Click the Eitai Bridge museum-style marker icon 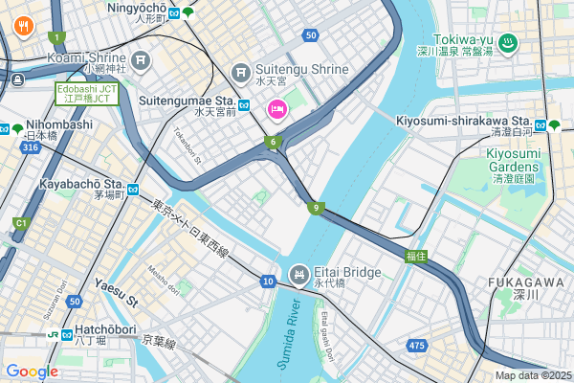(x=299, y=275)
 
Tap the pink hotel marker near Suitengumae (x=277, y=107)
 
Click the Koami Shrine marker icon (x=142, y=60)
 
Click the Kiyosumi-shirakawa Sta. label (x=463, y=121)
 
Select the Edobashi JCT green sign (x=86, y=93)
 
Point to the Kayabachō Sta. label (x=82, y=183)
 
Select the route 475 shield (x=416, y=345)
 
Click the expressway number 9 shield (x=315, y=207)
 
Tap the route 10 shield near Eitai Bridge (x=268, y=281)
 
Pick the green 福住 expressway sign (x=415, y=255)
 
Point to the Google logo (x=33, y=372)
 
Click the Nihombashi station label (x=59, y=124)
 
